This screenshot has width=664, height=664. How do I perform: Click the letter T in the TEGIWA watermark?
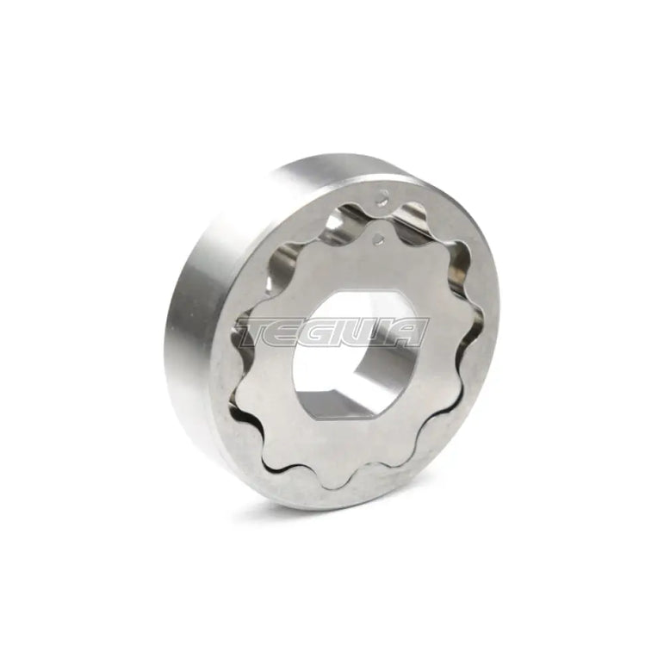[x=259, y=332]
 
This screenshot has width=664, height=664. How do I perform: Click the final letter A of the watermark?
[x=409, y=332]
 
